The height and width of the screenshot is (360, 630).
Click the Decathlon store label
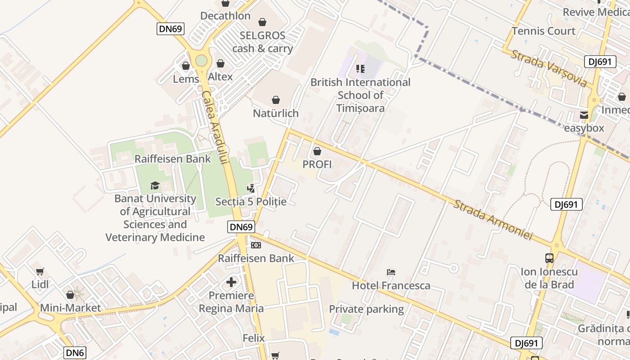tap(225, 16)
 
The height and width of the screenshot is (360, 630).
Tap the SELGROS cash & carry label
tap(262, 42)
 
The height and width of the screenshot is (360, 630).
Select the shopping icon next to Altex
tap(220, 64)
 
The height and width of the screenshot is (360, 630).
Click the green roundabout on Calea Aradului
tap(201, 60)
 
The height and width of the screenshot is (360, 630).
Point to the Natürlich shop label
tap(275, 113)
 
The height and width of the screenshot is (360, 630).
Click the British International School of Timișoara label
tap(360, 95)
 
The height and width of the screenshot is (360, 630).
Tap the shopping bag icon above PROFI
tap(317, 151)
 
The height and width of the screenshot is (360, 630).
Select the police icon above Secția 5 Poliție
tap(251, 189)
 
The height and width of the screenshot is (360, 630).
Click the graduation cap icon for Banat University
tap(155, 185)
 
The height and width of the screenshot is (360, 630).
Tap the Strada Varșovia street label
tap(549, 68)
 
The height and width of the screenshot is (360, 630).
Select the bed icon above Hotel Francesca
tap(391, 272)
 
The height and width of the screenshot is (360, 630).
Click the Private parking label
tap(366, 309)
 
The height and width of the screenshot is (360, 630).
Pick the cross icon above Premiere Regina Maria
tap(231, 282)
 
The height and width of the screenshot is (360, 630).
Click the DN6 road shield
tap(75, 353)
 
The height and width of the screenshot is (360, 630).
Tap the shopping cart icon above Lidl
tap(40, 271)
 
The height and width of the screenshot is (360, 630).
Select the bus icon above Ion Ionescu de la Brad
tap(549, 258)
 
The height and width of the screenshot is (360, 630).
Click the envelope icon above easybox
tap(584, 115)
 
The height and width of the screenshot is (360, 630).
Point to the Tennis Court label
tap(544, 31)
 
